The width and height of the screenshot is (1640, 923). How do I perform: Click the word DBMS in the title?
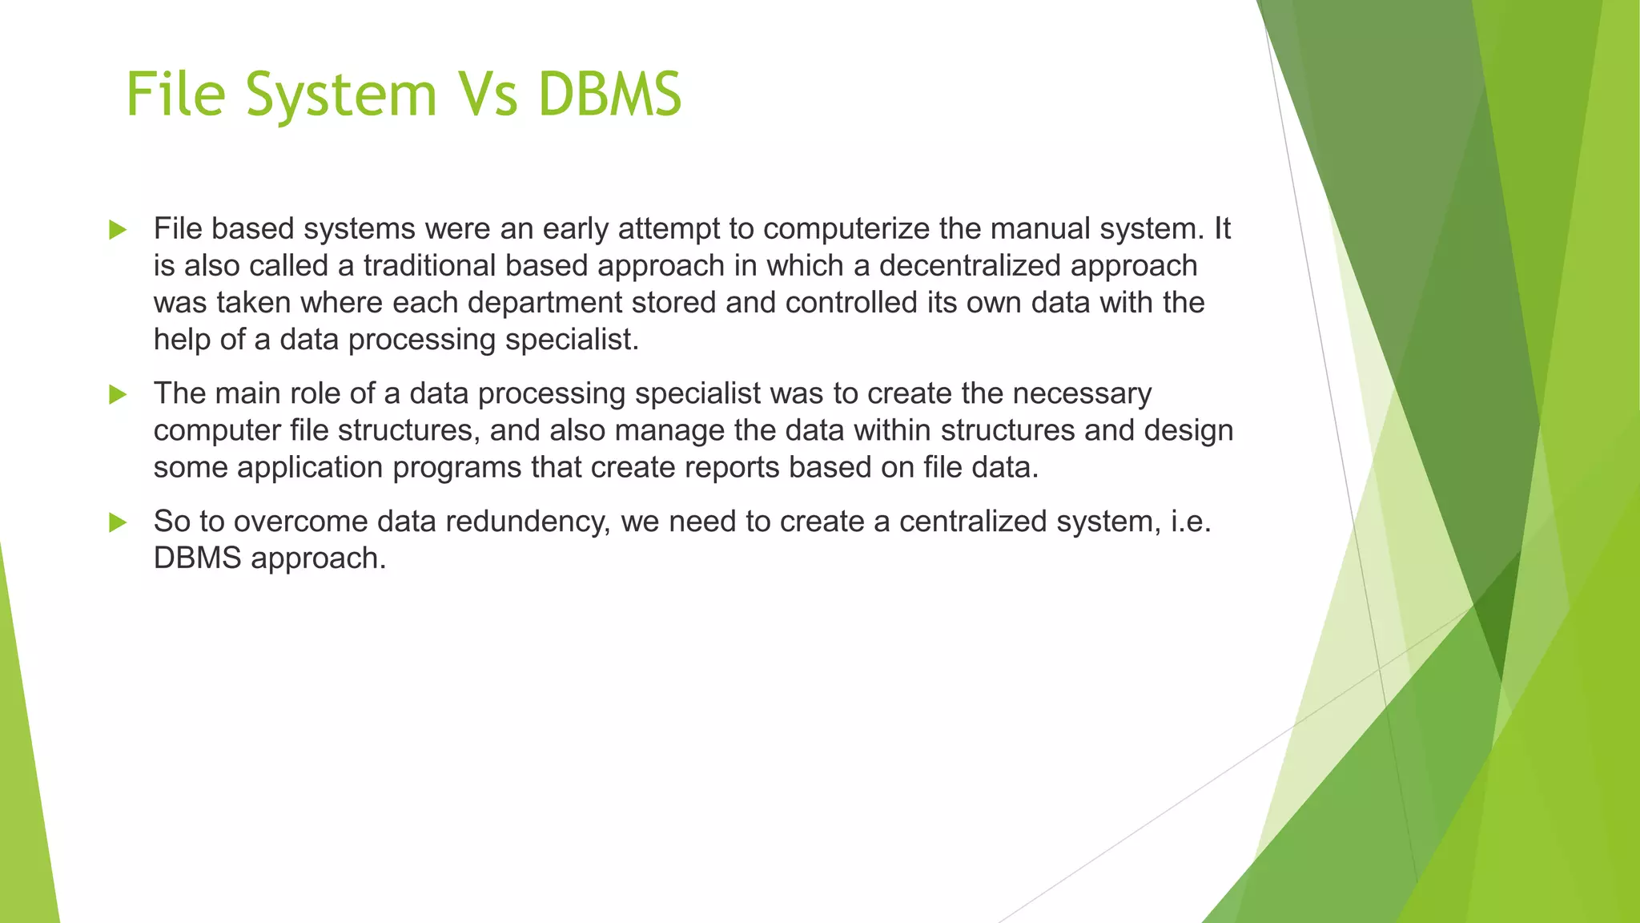click(609, 95)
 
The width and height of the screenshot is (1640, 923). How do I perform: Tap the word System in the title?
click(341, 95)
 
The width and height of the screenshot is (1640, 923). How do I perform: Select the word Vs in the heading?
click(486, 95)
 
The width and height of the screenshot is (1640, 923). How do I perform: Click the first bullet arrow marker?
click(118, 230)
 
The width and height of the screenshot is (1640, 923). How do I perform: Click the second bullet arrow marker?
click(118, 394)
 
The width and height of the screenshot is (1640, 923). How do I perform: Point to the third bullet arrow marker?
click(118, 522)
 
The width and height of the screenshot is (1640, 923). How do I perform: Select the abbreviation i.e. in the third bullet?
click(1191, 522)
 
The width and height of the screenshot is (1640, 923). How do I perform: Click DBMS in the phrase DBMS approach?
click(197, 558)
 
